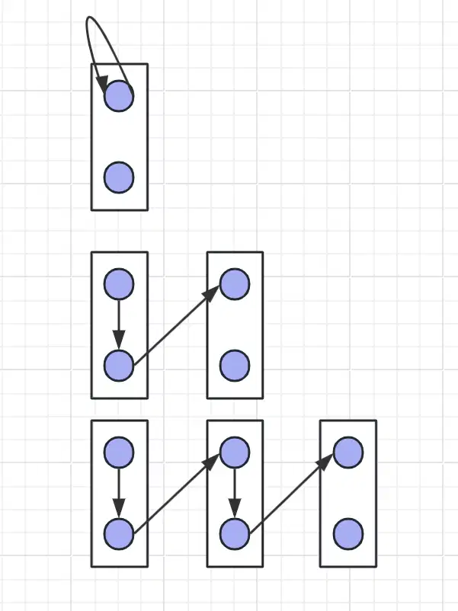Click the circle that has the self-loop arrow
tap(119, 96)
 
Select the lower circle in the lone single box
tap(119, 178)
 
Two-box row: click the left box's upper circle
tap(119, 283)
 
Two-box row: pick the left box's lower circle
tap(119, 366)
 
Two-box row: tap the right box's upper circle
tap(235, 283)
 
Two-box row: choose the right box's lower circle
tap(235, 366)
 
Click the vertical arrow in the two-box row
tap(119, 323)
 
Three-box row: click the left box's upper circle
tap(119, 452)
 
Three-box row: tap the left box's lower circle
tap(119, 534)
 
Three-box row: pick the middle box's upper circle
tap(235, 452)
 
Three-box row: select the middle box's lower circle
tap(235, 534)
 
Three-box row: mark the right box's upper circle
tap(348, 452)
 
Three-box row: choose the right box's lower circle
tap(348, 534)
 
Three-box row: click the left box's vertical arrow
tap(119, 491)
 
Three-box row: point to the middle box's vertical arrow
tap(235, 491)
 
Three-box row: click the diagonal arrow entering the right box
tap(291, 493)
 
